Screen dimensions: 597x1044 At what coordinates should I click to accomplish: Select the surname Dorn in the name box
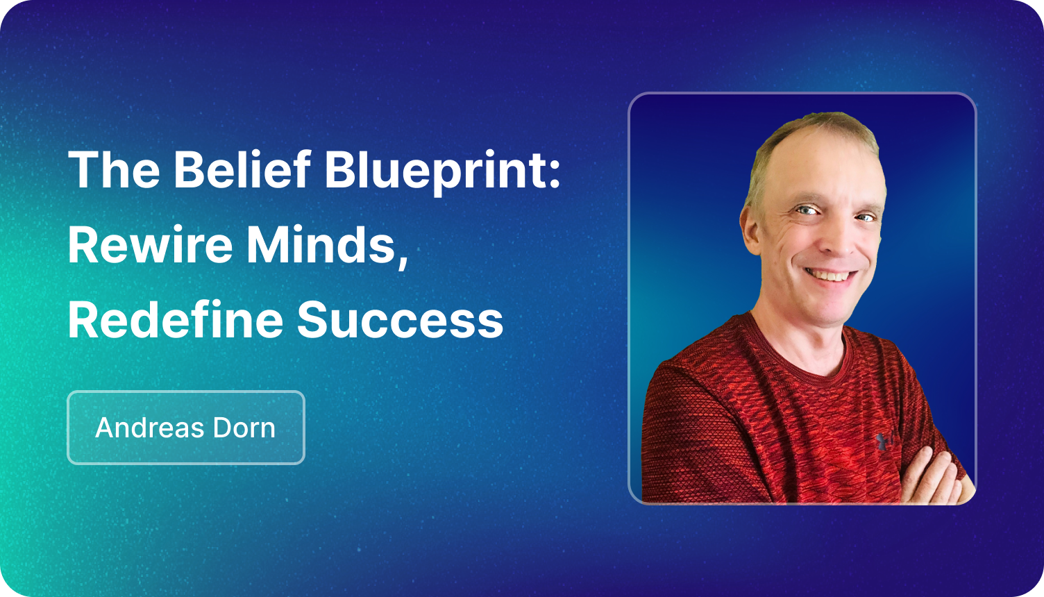pyautogui.click(x=246, y=428)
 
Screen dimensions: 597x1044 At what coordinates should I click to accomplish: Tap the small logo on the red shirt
pyautogui.click(x=884, y=439)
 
